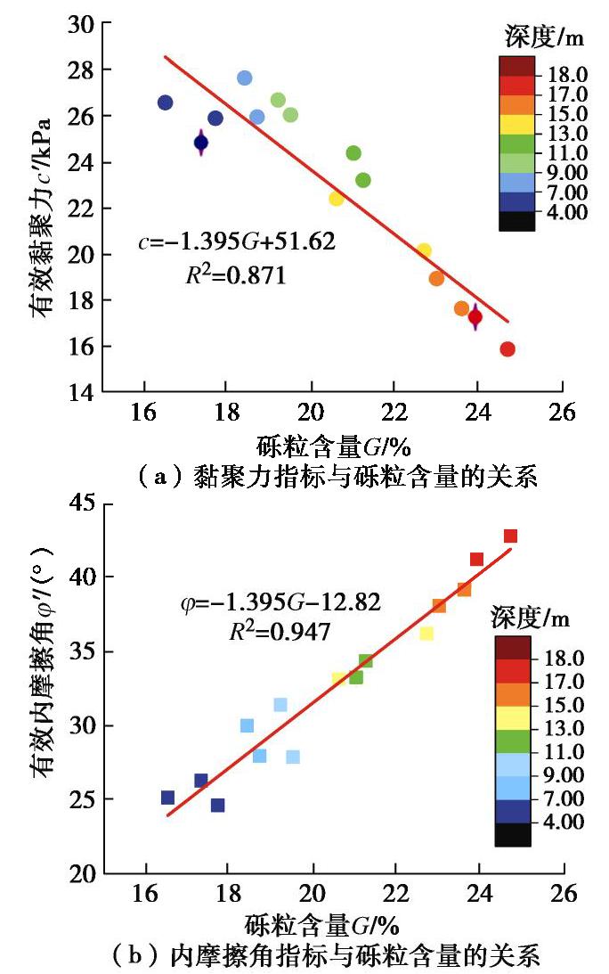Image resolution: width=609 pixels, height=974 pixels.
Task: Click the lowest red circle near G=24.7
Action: click(x=507, y=349)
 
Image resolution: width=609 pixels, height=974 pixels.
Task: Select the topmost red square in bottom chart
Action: click(x=510, y=536)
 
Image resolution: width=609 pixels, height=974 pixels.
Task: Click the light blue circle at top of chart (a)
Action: click(x=245, y=78)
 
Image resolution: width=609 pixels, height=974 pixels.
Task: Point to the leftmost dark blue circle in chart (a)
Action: click(x=165, y=102)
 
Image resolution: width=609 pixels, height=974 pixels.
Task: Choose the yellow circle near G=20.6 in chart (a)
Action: click(x=336, y=199)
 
